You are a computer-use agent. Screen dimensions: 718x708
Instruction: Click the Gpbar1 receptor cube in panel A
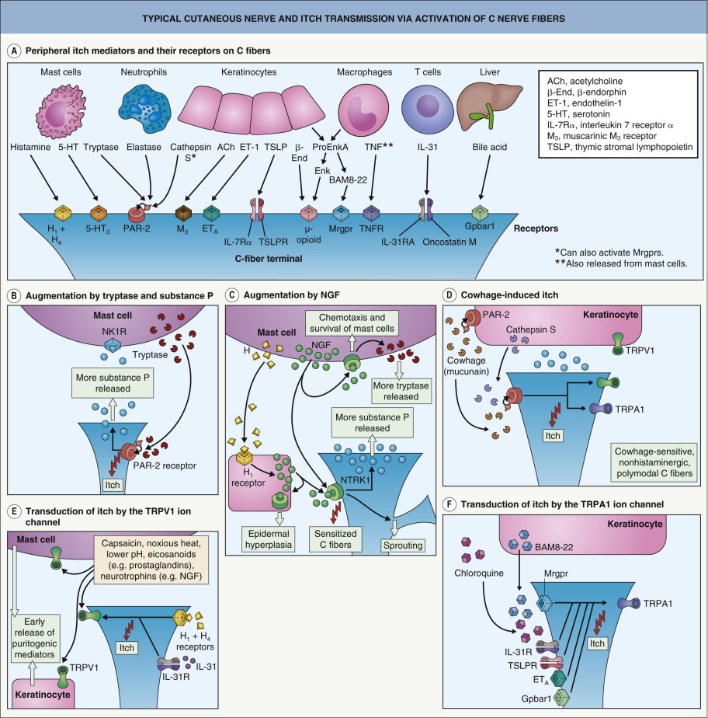(483, 212)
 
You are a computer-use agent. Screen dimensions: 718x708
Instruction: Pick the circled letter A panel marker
(13, 51)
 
